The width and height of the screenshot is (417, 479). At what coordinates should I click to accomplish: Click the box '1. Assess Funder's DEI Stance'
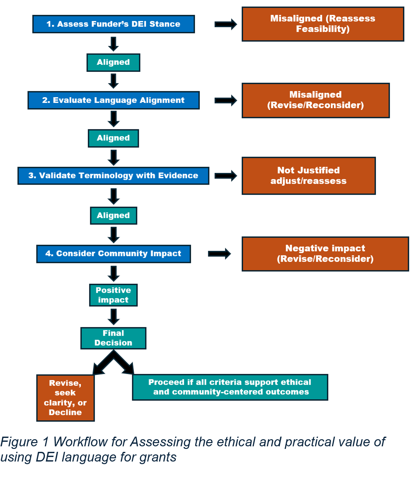coord(113,24)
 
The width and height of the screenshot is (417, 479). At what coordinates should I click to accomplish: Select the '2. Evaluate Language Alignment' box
coord(113,100)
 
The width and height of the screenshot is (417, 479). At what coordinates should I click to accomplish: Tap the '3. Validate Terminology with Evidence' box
coord(113,176)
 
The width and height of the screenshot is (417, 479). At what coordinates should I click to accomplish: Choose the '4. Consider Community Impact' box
coord(113,254)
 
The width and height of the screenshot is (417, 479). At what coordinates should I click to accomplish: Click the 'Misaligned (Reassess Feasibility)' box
coord(323,24)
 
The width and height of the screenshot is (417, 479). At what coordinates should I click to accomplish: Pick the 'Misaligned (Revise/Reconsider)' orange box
coord(315,100)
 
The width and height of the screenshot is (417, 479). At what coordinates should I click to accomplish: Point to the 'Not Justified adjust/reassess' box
coord(308,176)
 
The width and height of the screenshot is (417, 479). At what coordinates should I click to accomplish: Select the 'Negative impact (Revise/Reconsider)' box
coord(325,254)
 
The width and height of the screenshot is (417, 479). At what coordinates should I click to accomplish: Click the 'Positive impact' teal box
coord(113,295)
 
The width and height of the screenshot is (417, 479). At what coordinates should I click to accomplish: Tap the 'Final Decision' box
coord(113,338)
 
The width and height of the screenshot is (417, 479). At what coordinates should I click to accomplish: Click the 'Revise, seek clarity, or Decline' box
coord(65,398)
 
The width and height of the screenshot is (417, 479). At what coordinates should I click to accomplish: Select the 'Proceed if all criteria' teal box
coord(230,387)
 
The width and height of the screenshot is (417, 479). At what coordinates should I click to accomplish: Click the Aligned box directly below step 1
coord(113,62)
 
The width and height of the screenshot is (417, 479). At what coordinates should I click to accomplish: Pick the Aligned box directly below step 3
coord(113,216)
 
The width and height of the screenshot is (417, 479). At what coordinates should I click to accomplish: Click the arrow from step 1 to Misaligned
coord(226,24)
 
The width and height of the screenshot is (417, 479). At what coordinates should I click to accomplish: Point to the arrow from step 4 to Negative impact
coord(219,254)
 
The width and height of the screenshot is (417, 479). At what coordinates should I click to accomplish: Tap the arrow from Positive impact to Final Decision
coord(113,317)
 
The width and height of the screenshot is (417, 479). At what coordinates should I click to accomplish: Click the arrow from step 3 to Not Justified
coord(226,176)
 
